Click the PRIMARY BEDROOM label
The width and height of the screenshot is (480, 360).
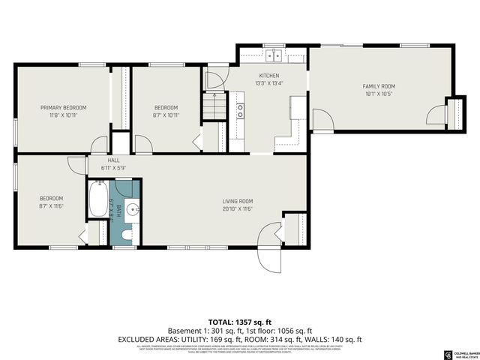pos(63,107)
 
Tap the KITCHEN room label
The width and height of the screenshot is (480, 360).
pos(269,76)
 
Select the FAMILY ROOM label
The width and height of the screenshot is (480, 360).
pos(379,86)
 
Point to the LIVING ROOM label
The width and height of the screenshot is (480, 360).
pos(237,201)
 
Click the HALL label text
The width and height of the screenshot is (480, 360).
pos(113,160)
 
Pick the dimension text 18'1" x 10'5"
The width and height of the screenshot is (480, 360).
pos(379,94)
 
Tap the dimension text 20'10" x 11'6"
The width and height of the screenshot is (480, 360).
pos(237,208)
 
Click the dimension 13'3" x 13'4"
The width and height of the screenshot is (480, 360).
pos(269,83)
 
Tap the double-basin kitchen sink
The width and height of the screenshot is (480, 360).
pos(275,55)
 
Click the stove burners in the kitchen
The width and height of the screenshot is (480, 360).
pos(240,111)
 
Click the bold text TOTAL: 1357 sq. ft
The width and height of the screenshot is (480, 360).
pos(240,319)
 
